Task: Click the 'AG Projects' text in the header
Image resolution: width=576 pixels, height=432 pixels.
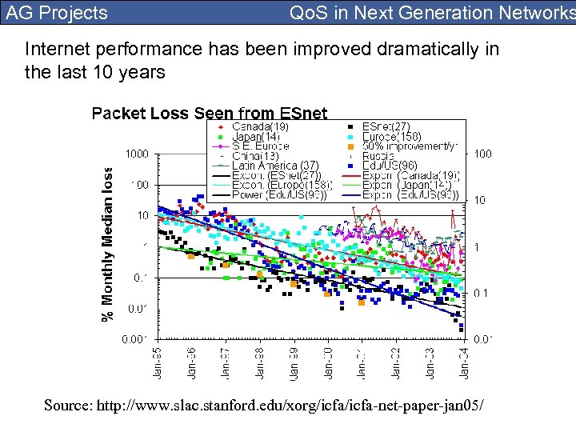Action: (x=57, y=13)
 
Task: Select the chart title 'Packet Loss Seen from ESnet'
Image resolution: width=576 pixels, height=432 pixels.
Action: (x=210, y=113)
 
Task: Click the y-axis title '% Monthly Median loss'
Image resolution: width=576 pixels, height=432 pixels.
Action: (x=107, y=244)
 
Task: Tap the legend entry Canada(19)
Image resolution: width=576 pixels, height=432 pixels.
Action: (x=260, y=126)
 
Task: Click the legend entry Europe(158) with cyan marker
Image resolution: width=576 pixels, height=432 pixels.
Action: (x=391, y=136)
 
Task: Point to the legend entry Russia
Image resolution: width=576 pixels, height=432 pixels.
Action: (x=381, y=155)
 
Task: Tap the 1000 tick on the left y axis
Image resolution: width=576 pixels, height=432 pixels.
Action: (x=137, y=153)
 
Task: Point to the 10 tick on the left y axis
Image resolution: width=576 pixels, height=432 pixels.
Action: (x=142, y=215)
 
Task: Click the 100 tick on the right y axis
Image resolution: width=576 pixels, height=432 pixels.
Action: (x=482, y=153)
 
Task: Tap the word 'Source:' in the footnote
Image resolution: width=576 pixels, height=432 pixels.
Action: (x=68, y=406)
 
